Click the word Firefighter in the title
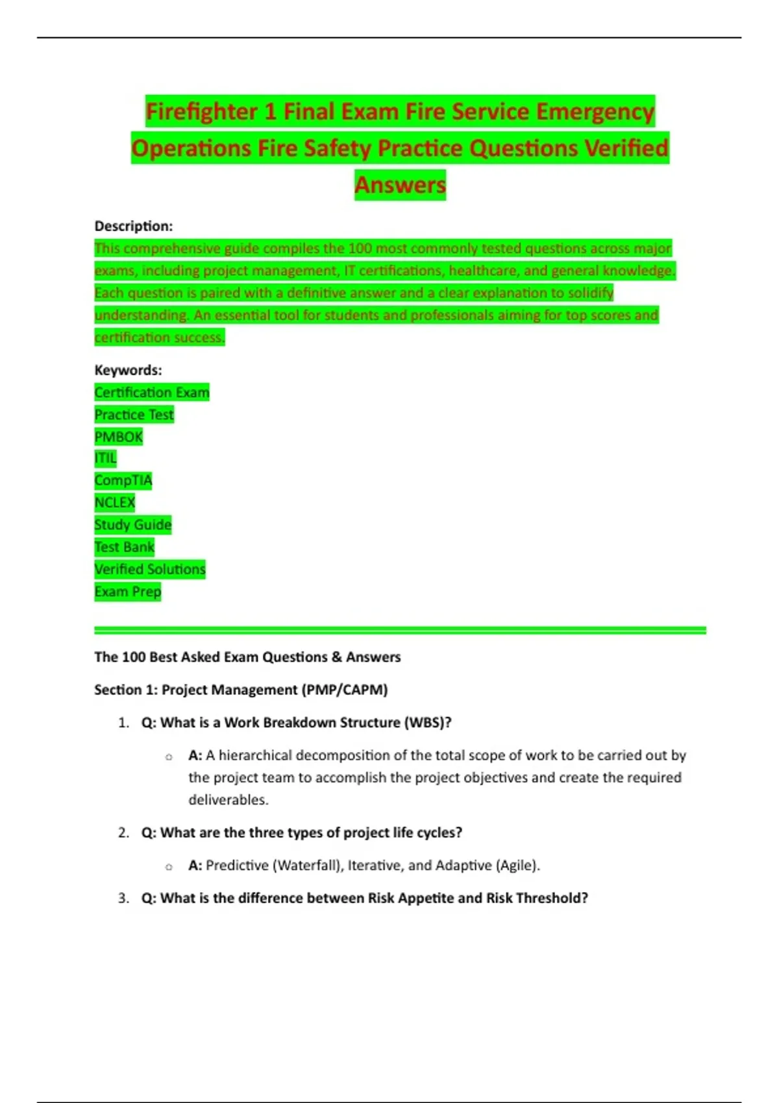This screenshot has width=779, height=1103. point(201,112)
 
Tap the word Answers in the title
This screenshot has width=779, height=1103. point(400,185)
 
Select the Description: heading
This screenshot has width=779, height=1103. point(134,226)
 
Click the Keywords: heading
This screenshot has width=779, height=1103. point(128,370)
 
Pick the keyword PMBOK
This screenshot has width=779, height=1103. point(118,437)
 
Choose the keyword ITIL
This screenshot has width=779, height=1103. point(105,459)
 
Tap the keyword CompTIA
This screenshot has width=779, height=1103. point(123,481)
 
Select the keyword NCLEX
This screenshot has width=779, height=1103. point(114,503)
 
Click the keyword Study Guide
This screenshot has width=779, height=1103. point(132,525)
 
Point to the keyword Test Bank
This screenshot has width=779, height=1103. point(124,547)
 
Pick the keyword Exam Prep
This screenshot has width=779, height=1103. point(127,592)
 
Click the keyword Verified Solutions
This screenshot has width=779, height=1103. point(149,570)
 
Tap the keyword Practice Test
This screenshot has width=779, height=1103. point(134,415)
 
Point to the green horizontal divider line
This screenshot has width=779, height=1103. point(400,630)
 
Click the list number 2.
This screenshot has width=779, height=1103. point(123,833)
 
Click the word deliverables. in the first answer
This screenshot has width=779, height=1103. point(228,800)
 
